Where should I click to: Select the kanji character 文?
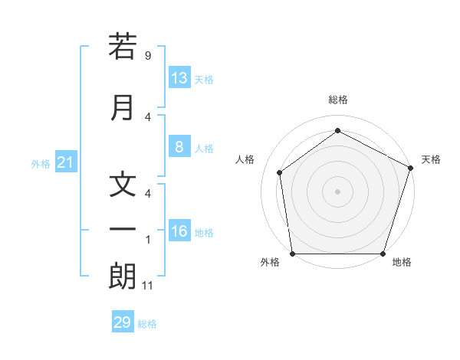point(123,185)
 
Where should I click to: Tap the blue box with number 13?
point(179,78)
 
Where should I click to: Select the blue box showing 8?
point(179,147)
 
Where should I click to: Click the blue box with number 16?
point(179,231)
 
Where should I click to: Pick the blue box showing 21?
point(66,162)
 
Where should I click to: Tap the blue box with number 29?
point(123,322)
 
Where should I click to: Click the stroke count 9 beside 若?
point(148,56)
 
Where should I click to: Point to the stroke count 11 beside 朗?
point(149,286)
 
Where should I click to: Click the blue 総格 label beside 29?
point(148,324)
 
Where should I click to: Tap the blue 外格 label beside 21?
point(41,164)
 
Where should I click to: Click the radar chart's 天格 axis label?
point(432,159)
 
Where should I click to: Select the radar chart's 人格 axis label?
point(245,159)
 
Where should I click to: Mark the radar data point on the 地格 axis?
point(383,254)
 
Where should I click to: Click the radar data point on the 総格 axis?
point(338,131)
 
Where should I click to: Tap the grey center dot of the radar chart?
point(338,191)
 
